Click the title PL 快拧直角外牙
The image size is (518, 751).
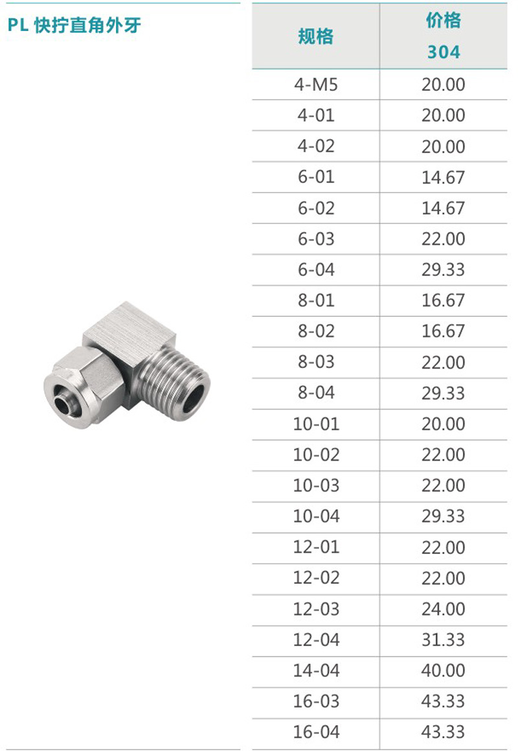click(x=74, y=25)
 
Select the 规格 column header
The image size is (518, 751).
click(x=315, y=36)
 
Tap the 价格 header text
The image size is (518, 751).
click(x=444, y=21)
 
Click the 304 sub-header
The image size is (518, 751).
click(x=444, y=52)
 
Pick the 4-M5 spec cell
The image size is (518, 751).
click(x=315, y=85)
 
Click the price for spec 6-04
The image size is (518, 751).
click(x=443, y=270)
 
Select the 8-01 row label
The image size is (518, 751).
click(x=315, y=300)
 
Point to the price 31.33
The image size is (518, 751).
click(x=443, y=640)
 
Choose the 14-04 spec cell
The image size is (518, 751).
click(x=316, y=671)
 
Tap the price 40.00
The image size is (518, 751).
click(x=443, y=671)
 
